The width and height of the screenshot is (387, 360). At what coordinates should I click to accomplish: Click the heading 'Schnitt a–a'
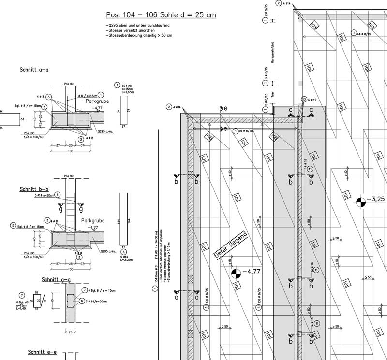[34, 70]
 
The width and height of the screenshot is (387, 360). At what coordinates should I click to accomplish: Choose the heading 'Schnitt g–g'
[56, 280]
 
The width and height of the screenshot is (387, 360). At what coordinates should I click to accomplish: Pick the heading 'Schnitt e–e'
[42, 352]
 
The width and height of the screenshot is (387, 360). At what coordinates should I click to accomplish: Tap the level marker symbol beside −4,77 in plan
[236, 274]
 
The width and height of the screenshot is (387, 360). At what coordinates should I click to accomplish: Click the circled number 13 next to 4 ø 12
[303, 100]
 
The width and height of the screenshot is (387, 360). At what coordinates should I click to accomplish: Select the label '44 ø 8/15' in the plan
[363, 34]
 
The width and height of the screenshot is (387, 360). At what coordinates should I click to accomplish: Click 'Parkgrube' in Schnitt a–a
[95, 102]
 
